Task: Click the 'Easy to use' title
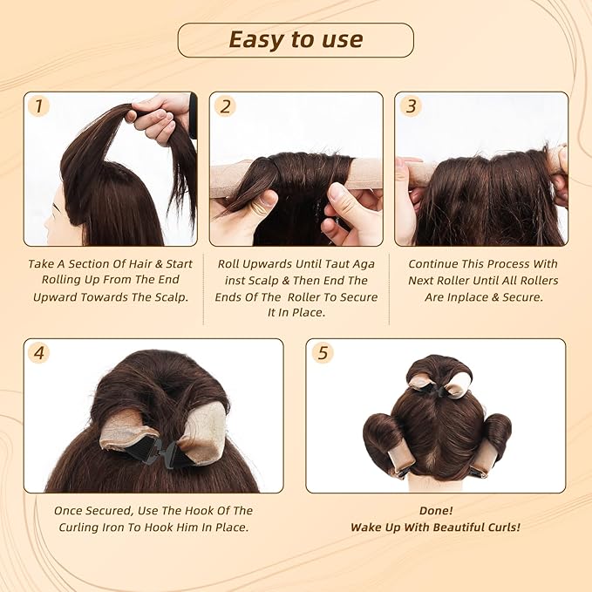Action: pyautogui.click(x=296, y=40)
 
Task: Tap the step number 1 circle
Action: pyautogui.click(x=37, y=106)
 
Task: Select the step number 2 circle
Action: pyautogui.click(x=225, y=106)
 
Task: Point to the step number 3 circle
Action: pyautogui.click(x=411, y=106)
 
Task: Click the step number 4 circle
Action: pyautogui.click(x=37, y=353)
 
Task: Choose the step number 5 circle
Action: pyautogui.click(x=322, y=353)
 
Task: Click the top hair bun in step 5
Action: pyautogui.click(x=439, y=372)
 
